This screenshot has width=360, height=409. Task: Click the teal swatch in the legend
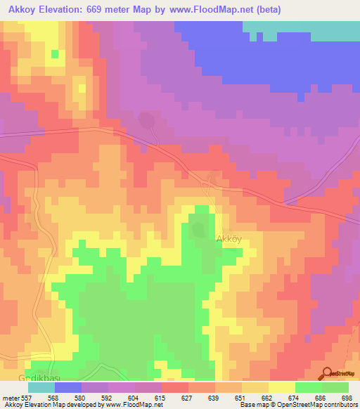coord(41,387)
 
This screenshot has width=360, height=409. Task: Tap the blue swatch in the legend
coord(68,387)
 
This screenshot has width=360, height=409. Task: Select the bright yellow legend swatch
coord(282,387)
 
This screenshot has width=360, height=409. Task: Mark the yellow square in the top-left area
coord(55,53)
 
